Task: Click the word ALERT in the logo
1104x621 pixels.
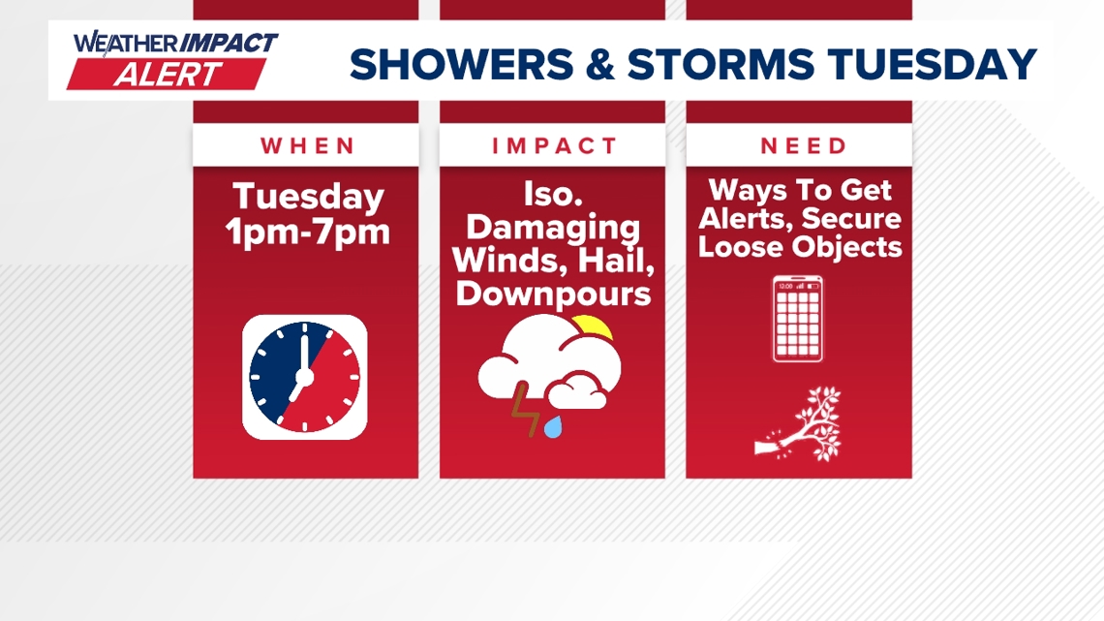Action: pyautogui.click(x=168, y=75)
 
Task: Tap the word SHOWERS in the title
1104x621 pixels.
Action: pyautogui.click(x=461, y=64)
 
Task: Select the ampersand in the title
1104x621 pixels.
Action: pyautogui.click(x=599, y=64)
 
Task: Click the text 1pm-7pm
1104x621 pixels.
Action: pyautogui.click(x=308, y=232)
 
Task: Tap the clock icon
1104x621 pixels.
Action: pyautogui.click(x=305, y=378)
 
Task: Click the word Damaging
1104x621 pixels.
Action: pyautogui.click(x=553, y=228)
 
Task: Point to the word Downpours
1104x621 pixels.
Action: pyautogui.click(x=553, y=293)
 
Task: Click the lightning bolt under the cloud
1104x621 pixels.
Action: pyautogui.click(x=525, y=409)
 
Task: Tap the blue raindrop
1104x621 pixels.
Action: pyautogui.click(x=553, y=426)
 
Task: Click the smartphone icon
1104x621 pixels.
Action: pyautogui.click(x=798, y=319)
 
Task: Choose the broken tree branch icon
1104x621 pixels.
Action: pyautogui.click(x=799, y=424)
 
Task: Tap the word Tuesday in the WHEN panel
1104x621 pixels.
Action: pyautogui.click(x=308, y=197)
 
